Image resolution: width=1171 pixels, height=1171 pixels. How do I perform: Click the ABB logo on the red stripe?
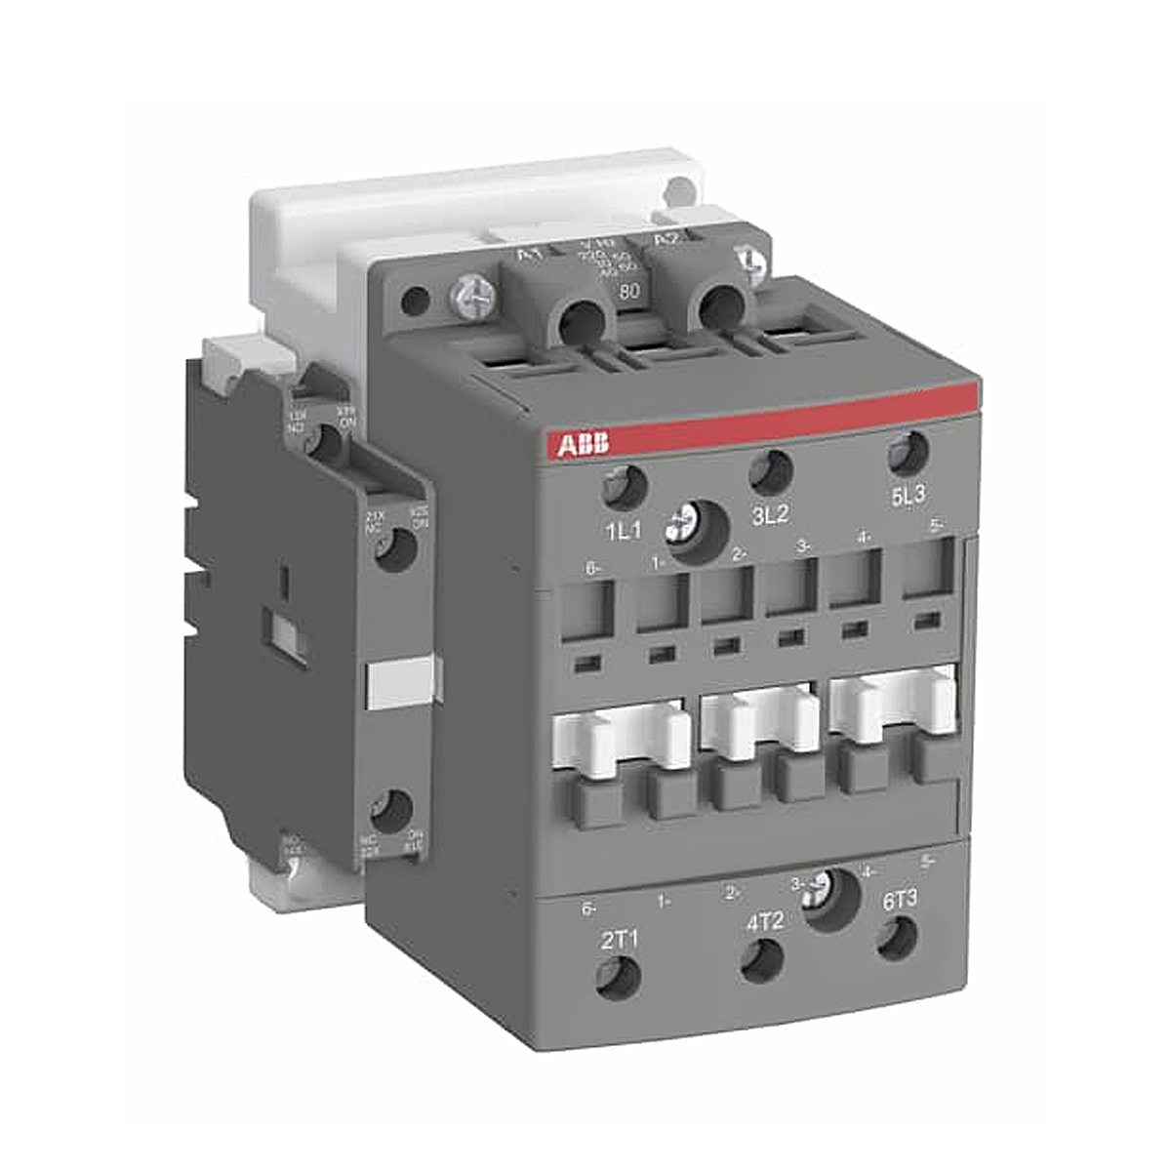(x=584, y=445)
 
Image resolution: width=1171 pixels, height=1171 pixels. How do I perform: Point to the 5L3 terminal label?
(x=908, y=496)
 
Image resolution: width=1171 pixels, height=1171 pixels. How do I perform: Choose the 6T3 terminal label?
(x=899, y=900)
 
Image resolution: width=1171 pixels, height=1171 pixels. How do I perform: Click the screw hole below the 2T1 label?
(x=619, y=979)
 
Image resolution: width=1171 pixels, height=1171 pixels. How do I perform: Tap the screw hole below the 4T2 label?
(x=762, y=962)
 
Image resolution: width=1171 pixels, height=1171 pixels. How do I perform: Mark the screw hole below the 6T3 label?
(x=897, y=939)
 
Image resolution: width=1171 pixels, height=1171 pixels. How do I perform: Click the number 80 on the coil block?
(x=629, y=290)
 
